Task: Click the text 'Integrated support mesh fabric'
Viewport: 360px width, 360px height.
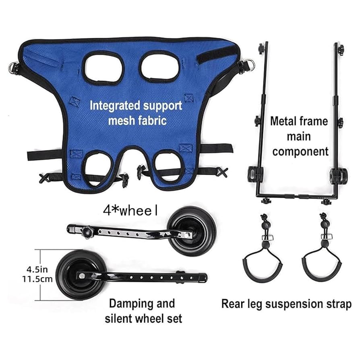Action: point(135,113)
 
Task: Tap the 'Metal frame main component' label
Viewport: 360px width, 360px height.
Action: point(299,136)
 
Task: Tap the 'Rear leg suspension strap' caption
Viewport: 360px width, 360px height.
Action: point(286,304)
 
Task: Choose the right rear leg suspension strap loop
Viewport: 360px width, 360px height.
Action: point(322,266)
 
